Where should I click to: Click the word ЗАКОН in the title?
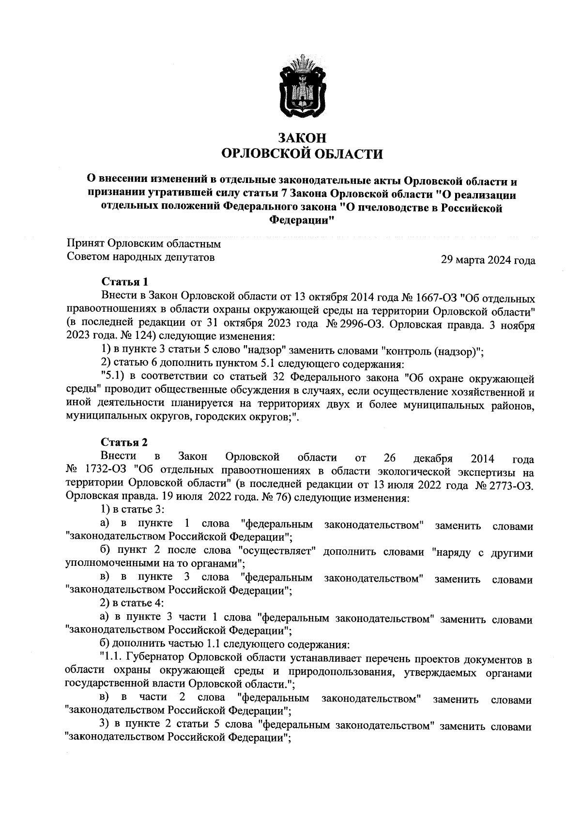coord(302,137)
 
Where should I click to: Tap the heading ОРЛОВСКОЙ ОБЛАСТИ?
coord(302,154)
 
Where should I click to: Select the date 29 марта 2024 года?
coord(488,260)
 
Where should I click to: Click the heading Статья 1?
coord(124,282)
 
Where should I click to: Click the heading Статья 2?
coord(124,442)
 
